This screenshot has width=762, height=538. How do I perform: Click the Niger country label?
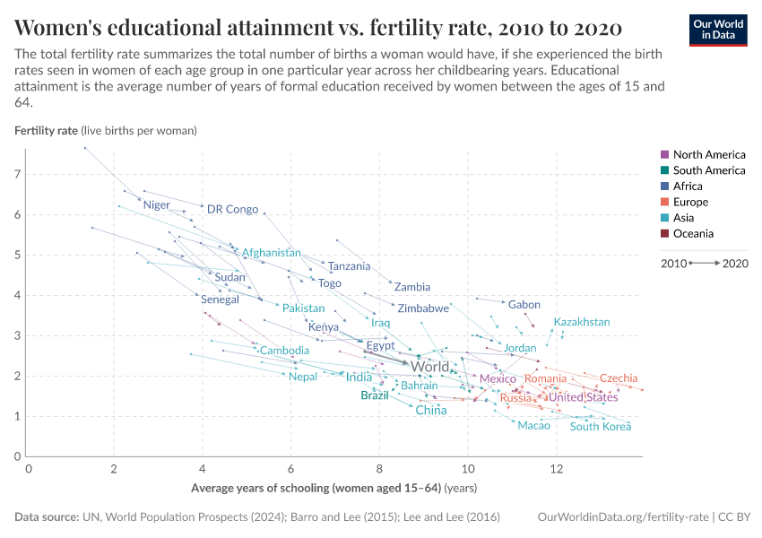click(x=156, y=205)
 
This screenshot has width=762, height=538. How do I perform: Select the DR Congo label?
click(x=232, y=209)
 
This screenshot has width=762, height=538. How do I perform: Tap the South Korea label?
click(x=601, y=426)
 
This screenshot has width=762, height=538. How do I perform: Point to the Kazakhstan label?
click(x=582, y=322)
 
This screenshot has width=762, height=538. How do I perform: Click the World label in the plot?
click(x=429, y=367)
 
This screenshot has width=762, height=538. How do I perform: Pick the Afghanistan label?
click(x=272, y=253)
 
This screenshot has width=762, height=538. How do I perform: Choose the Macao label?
click(x=533, y=425)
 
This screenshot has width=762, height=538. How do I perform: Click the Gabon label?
click(x=524, y=305)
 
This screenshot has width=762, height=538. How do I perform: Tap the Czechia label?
click(x=619, y=378)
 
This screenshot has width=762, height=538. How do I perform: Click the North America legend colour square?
click(x=664, y=155)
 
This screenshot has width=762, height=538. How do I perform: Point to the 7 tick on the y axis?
click(x=17, y=174)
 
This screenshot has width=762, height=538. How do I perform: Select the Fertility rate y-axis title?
click(x=46, y=130)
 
